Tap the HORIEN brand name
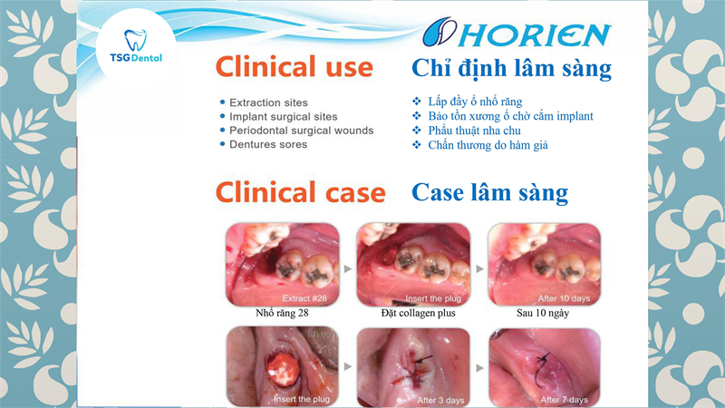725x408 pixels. (535, 34)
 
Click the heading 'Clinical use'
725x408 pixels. (294, 67)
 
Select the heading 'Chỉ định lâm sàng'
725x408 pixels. (511, 69)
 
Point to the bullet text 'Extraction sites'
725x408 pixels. (268, 102)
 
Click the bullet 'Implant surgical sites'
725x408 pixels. (283, 117)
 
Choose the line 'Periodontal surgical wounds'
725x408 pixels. (301, 131)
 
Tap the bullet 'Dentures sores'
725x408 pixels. (268, 144)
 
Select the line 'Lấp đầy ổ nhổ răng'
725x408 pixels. (475, 102)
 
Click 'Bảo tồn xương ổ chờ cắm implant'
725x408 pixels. (510, 116)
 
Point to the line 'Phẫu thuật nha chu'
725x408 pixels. (474, 131)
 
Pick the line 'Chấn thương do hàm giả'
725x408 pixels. (488, 145)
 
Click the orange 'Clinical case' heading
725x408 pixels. (301, 192)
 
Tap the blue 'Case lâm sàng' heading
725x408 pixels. (489, 192)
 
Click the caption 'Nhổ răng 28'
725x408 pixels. (282, 313)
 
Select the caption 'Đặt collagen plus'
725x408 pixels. (418, 313)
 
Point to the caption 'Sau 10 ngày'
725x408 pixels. (543, 313)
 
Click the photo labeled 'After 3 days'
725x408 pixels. (413, 367)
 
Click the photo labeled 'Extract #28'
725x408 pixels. (283, 264)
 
